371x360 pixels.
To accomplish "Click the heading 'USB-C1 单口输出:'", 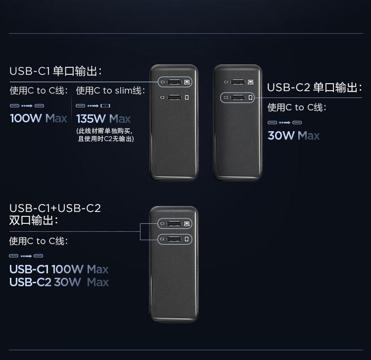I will [55, 71].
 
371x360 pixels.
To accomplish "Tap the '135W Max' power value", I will [103, 119].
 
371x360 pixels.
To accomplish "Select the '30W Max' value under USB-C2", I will [293, 136].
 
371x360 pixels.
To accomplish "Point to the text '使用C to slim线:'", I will [110, 91].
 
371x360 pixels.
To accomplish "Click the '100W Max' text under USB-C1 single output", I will [39, 119].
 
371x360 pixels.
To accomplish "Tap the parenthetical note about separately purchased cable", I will [106, 135].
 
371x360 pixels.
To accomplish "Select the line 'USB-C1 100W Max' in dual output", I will [58, 269].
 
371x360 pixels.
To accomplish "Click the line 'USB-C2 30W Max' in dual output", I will [58, 282].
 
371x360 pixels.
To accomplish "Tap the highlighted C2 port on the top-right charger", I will [237, 98].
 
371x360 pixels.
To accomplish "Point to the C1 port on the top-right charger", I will [237, 82].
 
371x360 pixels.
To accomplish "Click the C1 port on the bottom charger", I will [174, 224].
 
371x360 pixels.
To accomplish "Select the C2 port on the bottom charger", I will [174, 240].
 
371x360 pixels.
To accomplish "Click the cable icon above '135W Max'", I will [93, 105].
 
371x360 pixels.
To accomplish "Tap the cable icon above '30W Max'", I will [284, 122].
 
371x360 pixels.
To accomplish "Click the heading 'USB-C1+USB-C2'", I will [55, 208].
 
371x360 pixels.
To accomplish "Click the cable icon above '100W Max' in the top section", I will [27, 105].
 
